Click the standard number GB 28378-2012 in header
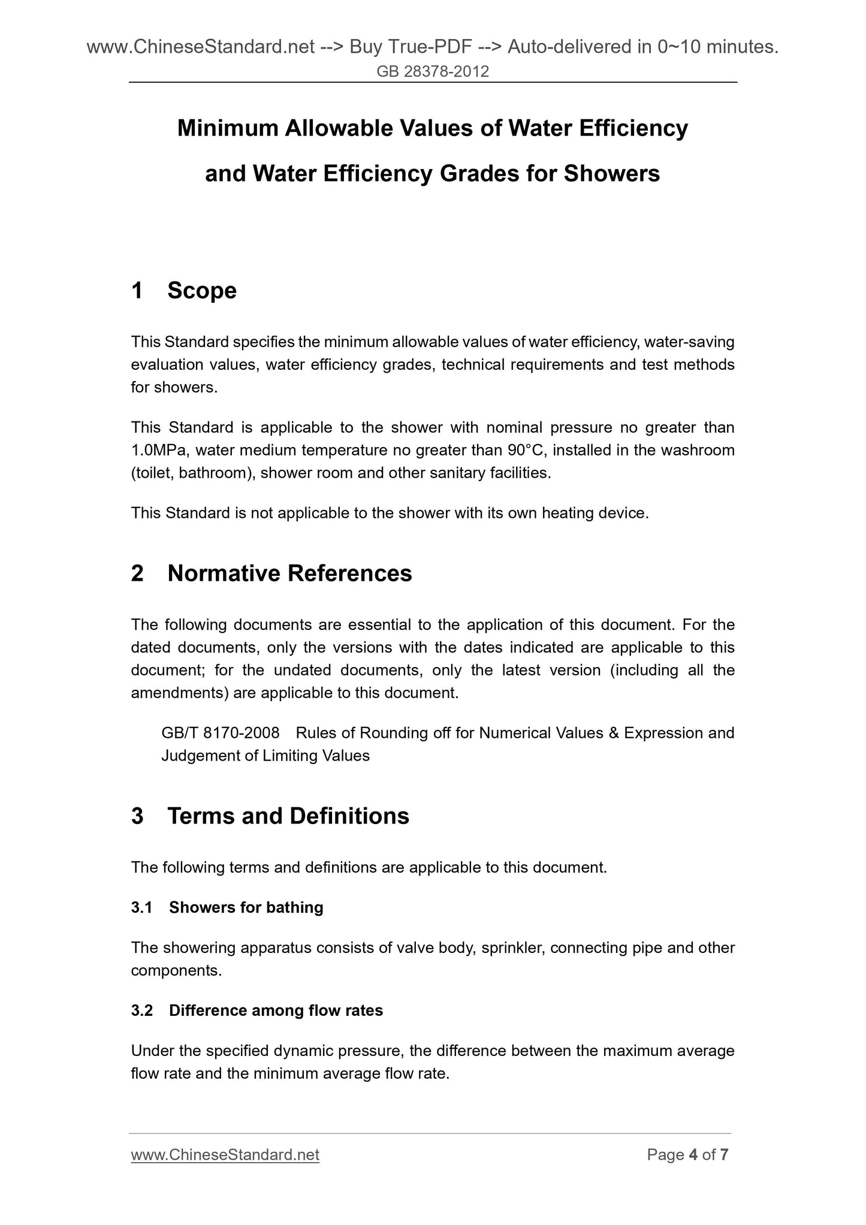[x=433, y=72]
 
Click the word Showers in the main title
[x=611, y=174]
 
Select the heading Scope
[x=202, y=291]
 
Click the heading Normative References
[x=289, y=574]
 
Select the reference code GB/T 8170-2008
[x=221, y=733]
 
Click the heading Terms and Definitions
[x=288, y=816]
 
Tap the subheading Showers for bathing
[x=246, y=907]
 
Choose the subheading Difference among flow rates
[x=276, y=1010]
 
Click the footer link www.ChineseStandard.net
[x=225, y=1155]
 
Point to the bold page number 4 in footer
[x=693, y=1155]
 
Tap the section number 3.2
[x=142, y=1010]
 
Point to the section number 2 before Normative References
[x=137, y=574]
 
